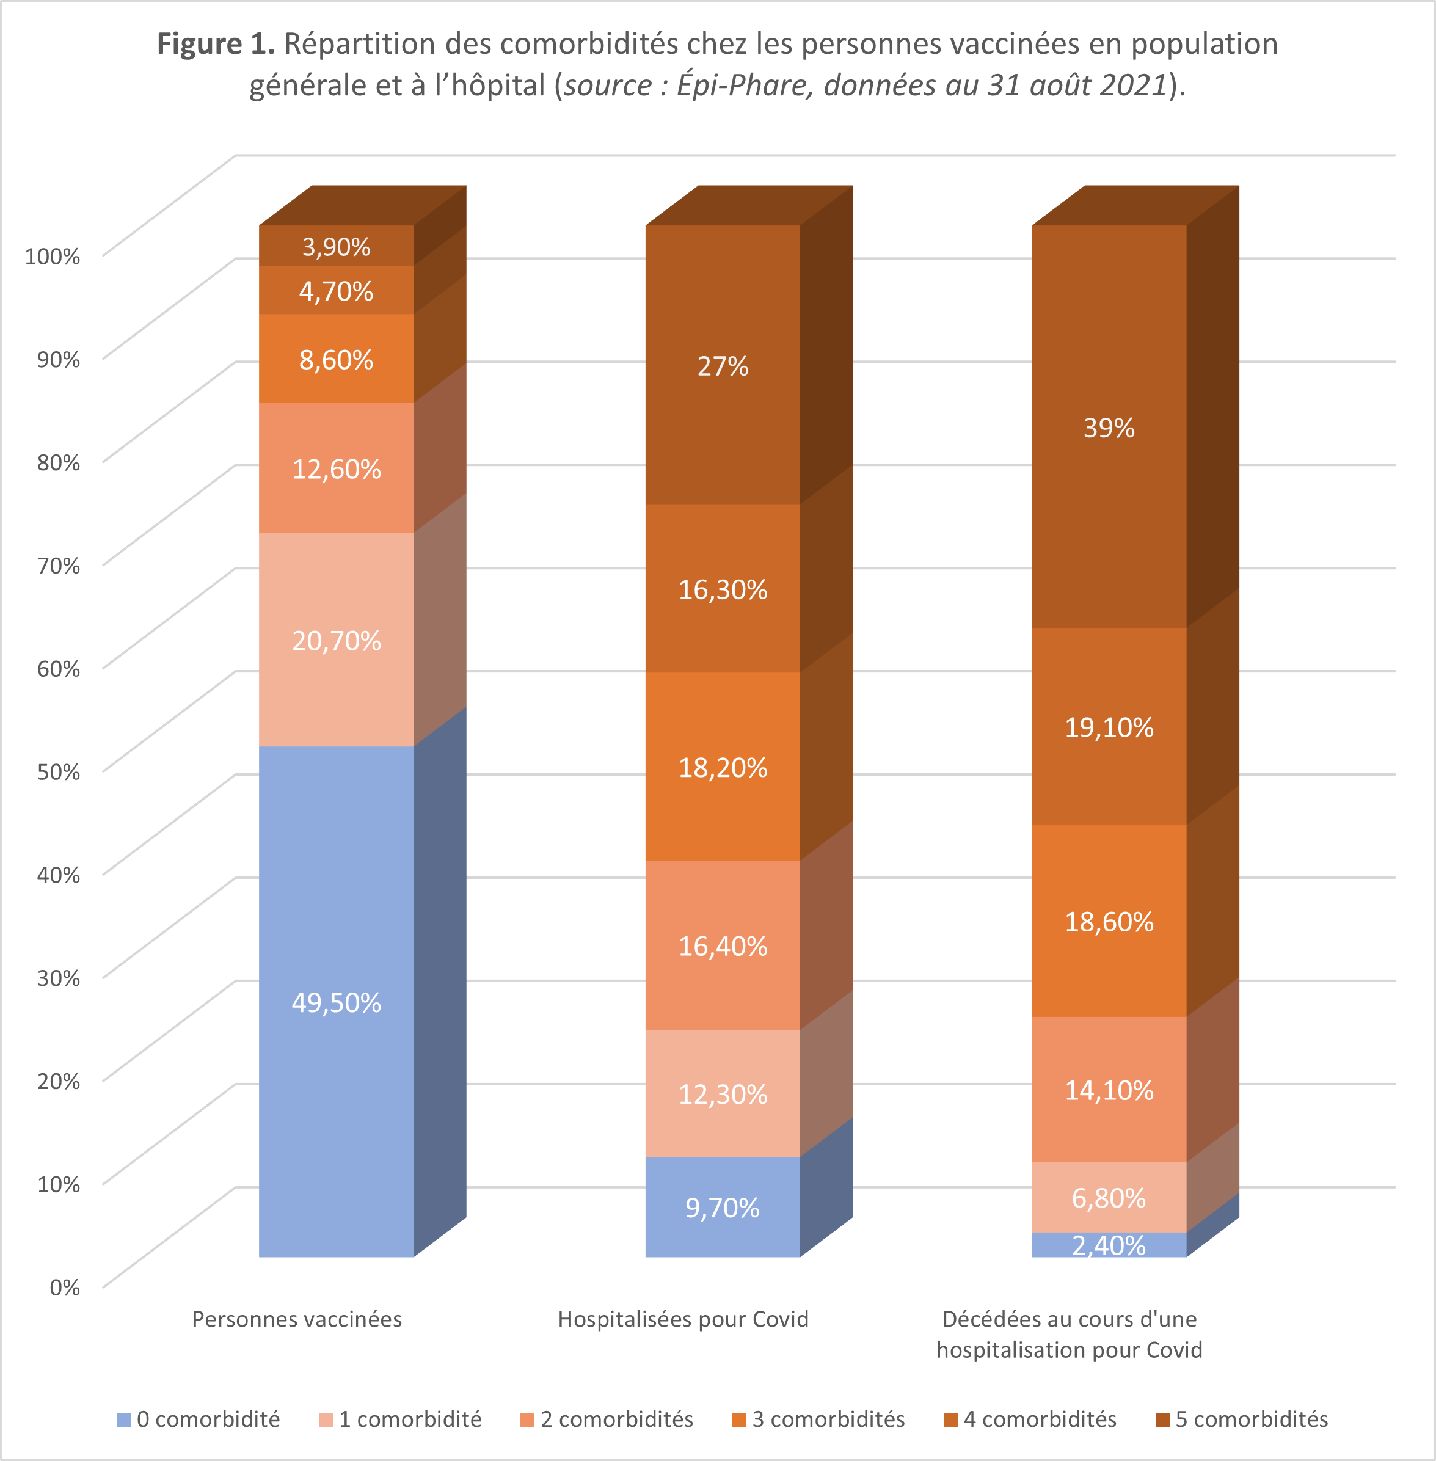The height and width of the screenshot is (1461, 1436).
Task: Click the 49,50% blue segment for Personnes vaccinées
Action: [x=337, y=1002]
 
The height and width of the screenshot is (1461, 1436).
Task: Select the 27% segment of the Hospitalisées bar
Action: [x=723, y=366]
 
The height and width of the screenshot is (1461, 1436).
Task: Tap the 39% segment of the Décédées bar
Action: [x=1109, y=428]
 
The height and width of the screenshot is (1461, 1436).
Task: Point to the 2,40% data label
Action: [x=1109, y=1245]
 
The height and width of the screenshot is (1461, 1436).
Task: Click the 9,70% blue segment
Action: [x=723, y=1208]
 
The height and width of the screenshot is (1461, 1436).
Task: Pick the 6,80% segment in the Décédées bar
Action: [x=1109, y=1197]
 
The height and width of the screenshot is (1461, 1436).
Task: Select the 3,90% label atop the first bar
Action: [x=337, y=247]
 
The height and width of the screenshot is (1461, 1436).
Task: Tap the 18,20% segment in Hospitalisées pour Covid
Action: [x=723, y=767]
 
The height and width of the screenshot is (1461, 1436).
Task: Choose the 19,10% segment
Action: [x=1109, y=727]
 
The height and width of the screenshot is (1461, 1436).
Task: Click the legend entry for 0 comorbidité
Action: [x=199, y=1419]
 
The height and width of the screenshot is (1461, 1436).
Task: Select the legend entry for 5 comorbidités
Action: [x=1242, y=1419]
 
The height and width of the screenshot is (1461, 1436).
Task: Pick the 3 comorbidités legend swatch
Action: [x=739, y=1419]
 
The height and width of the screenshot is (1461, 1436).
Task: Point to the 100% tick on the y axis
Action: [x=53, y=257]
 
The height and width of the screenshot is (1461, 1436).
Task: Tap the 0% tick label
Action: [x=64, y=1287]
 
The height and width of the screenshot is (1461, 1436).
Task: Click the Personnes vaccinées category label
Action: [x=297, y=1319]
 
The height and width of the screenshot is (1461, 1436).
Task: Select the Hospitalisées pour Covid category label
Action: [x=683, y=1319]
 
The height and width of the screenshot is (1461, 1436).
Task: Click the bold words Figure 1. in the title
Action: [x=216, y=44]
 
